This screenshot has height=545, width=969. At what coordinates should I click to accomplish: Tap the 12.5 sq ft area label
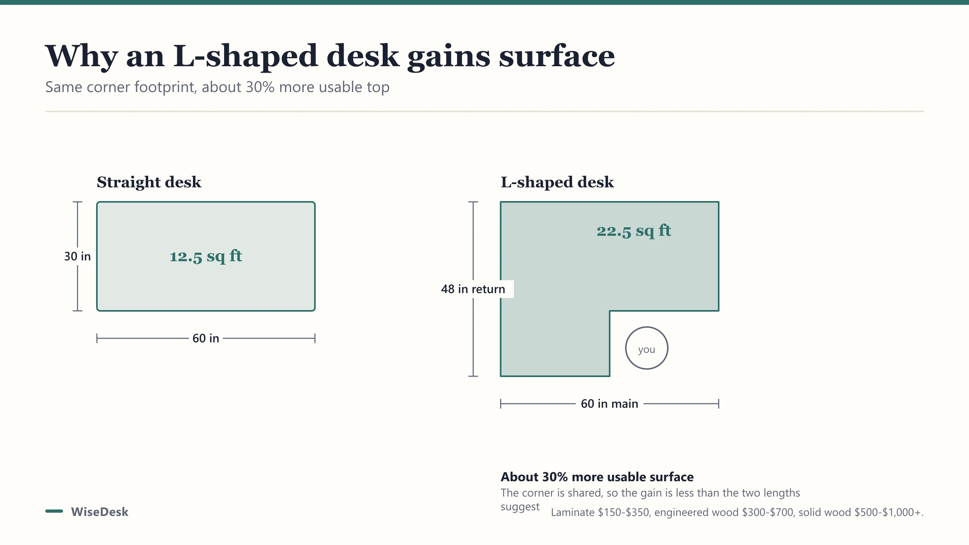click(x=206, y=256)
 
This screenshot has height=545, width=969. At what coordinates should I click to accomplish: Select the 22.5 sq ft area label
click(x=634, y=231)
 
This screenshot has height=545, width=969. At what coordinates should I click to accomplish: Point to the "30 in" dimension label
click(x=78, y=256)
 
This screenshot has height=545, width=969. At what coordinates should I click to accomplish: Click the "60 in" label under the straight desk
click(x=206, y=338)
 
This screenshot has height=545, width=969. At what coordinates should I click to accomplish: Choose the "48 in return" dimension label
click(x=473, y=289)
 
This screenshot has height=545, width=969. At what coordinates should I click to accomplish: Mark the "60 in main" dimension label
click(x=610, y=404)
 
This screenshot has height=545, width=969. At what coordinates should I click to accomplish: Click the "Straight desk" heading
click(x=149, y=182)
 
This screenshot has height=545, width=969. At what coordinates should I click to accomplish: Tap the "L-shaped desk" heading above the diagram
click(x=557, y=182)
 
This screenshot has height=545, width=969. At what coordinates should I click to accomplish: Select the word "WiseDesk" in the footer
click(x=100, y=512)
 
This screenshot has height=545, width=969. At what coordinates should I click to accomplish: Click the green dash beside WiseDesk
click(x=54, y=511)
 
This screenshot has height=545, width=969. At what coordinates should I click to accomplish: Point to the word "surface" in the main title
click(x=557, y=56)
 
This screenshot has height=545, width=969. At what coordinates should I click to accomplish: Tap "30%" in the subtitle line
click(x=260, y=87)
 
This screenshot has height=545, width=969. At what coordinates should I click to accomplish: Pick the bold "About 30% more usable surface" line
click(x=597, y=477)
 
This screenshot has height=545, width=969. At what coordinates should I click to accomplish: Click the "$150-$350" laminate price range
click(x=624, y=512)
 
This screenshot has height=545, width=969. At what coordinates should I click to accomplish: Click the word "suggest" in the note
click(x=520, y=507)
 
